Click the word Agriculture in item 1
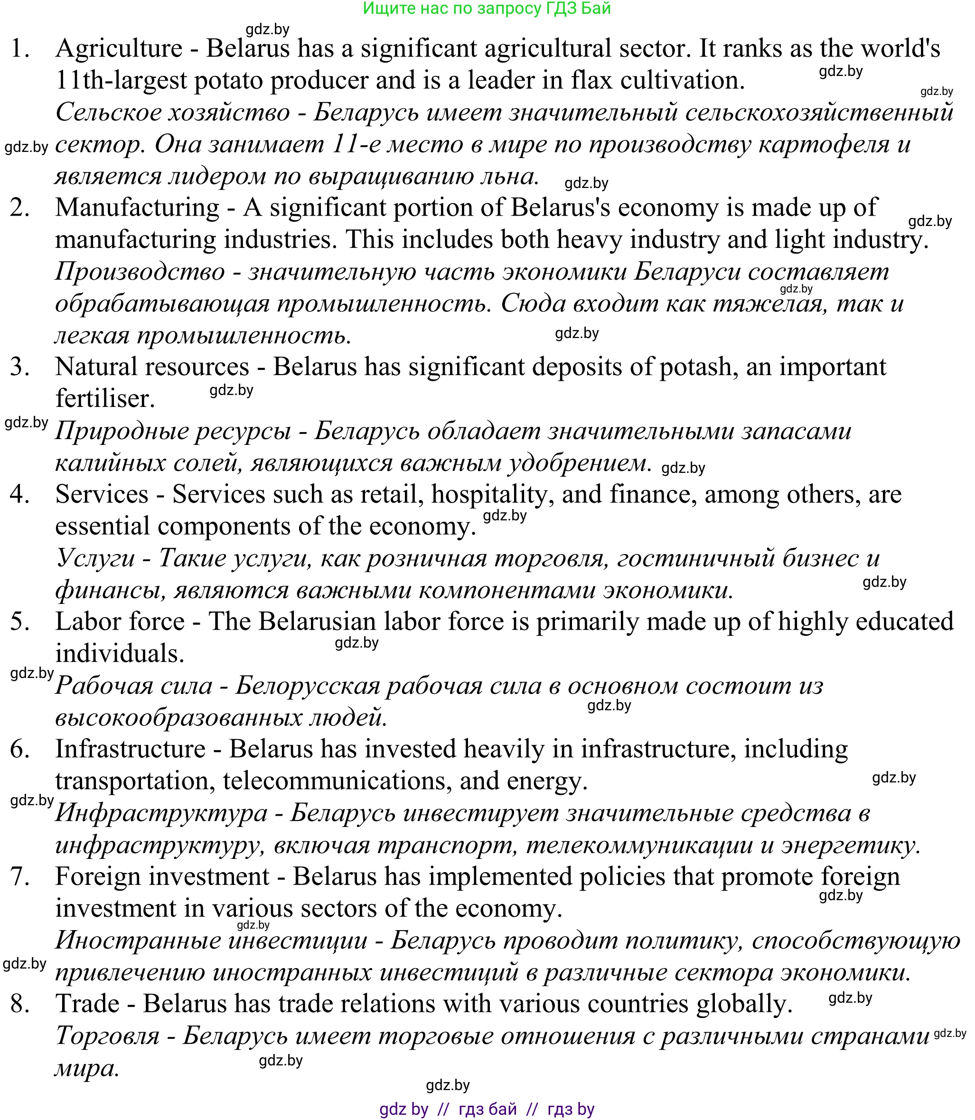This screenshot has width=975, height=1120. click(x=119, y=49)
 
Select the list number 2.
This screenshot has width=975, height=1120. click(x=19, y=208)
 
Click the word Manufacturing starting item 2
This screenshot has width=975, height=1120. click(x=137, y=208)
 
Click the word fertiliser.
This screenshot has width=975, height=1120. click(x=105, y=399)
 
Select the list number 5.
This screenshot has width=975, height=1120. click(x=19, y=622)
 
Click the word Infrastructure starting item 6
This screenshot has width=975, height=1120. click(x=131, y=749)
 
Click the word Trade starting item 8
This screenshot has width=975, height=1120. click(x=87, y=1004)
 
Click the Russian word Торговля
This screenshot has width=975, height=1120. click(x=108, y=1036)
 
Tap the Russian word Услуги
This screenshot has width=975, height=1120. click(x=96, y=558)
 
